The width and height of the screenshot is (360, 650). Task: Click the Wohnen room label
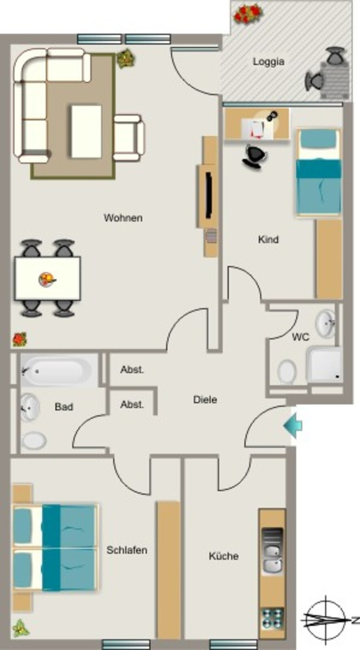coord(123,218)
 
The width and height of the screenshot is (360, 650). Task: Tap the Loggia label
coord(269,62)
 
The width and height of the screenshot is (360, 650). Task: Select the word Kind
coord(269,239)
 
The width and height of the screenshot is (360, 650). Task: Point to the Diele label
coord(205,400)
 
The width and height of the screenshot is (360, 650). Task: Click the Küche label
coord(223,556)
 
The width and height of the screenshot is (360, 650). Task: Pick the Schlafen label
coord(127,550)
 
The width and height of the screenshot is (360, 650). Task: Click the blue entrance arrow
coord(293,425)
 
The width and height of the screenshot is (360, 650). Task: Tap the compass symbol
coord(326,620)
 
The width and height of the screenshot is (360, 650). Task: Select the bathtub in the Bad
coord(57,370)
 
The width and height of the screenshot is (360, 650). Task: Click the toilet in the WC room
coord(287,371)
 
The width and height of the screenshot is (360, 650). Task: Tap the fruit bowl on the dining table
coord(47,279)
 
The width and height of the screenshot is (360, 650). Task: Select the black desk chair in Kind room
coord(255,156)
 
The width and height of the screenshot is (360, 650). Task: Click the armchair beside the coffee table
coord(129,138)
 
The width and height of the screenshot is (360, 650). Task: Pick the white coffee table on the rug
coord(86,131)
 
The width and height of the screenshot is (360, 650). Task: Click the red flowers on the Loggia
coord(248,14)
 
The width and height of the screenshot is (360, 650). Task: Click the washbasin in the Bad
coord(29,408)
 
